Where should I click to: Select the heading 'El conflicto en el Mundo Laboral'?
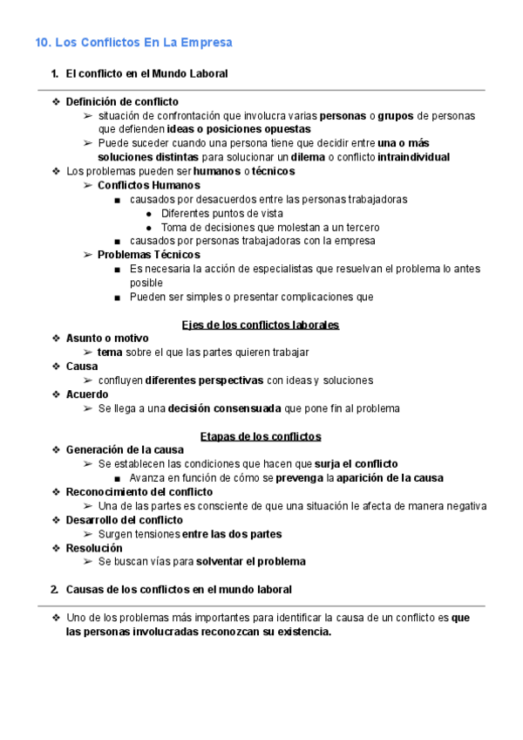pos(146,74)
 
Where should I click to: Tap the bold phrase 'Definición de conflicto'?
pos(122,102)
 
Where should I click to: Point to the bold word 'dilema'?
pos(308,157)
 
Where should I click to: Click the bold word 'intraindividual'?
pos(413,157)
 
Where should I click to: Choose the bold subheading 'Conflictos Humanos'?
pos(148,185)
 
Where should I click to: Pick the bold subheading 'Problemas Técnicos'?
pos(147,255)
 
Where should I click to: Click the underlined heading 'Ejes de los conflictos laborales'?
pos(261,325)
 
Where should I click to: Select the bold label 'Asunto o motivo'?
pos(107,339)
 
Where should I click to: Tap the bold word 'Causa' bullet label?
pos(82,367)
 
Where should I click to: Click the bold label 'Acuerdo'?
pos(87,394)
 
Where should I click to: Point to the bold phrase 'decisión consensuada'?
pos(225,408)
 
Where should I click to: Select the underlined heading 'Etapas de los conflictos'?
pos(261,436)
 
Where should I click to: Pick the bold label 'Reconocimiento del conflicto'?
pos(139,492)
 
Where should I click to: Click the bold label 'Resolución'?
pos(94,548)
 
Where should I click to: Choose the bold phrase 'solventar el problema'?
pos(251,562)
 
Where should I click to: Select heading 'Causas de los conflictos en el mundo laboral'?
pos(179,590)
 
